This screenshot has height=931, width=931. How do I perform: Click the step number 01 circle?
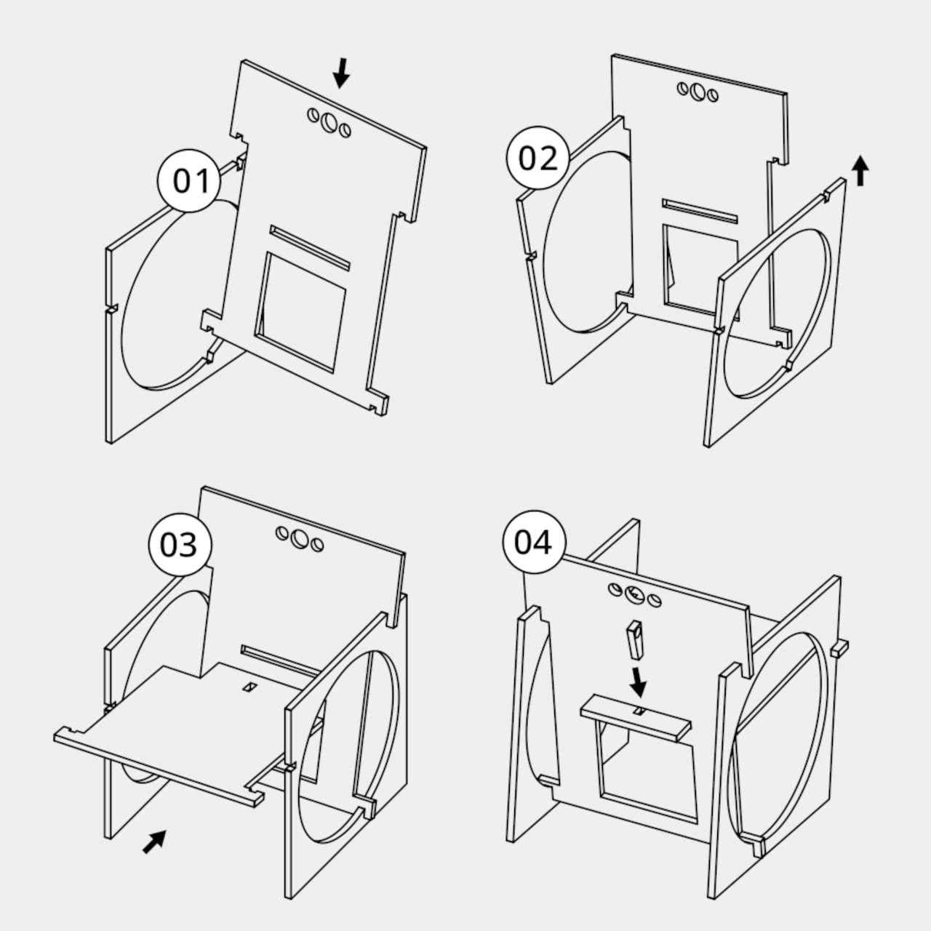click(189, 180)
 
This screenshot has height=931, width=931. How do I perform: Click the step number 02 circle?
click(538, 158)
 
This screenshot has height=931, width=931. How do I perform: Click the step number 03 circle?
click(180, 545)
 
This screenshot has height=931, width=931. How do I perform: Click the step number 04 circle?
click(534, 542)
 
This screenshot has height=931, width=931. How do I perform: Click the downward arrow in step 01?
click(342, 73)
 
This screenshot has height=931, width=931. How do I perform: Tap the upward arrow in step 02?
click(860, 170)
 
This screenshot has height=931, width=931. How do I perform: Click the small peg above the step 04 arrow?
click(636, 641)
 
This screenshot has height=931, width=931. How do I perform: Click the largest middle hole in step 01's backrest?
click(330, 123)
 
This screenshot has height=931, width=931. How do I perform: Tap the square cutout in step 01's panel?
click(300, 312)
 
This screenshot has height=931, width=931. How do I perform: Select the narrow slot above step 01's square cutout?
click(310, 247)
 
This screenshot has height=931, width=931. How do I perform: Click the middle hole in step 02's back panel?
click(698, 92)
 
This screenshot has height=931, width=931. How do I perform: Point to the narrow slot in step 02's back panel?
click(700, 211)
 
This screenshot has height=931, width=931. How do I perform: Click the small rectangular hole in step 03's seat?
click(249, 687)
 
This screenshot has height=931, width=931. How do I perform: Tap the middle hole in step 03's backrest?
click(300, 539)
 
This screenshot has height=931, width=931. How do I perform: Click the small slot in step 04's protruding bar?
click(639, 711)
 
